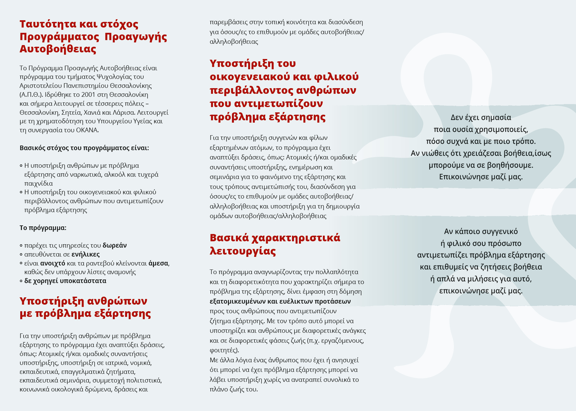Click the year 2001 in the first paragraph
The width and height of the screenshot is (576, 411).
[x=88, y=94]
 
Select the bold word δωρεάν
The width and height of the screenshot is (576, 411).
[x=114, y=245]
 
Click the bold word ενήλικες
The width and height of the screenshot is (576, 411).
[x=86, y=254]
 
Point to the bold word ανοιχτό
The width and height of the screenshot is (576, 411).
[x=53, y=263]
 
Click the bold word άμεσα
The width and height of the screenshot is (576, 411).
[x=158, y=263]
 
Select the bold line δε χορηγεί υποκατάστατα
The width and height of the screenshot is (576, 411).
[x=65, y=281]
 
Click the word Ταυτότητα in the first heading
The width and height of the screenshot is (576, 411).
[x=48, y=24]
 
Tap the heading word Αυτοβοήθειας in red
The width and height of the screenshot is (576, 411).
[x=58, y=49]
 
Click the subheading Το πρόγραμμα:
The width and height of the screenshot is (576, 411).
[x=43, y=228]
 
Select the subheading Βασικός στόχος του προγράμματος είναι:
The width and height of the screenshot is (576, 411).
[x=84, y=148]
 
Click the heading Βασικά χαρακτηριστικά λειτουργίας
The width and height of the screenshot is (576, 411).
[x=275, y=244]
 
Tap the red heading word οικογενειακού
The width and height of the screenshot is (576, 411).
[x=250, y=77]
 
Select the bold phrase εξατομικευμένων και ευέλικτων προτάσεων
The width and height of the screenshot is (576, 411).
[x=280, y=301]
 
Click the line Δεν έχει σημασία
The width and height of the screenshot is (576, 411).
[x=481, y=117]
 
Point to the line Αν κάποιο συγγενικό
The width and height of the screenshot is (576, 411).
[x=481, y=231]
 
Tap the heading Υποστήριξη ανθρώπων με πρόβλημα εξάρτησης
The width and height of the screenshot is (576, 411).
[x=85, y=307]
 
